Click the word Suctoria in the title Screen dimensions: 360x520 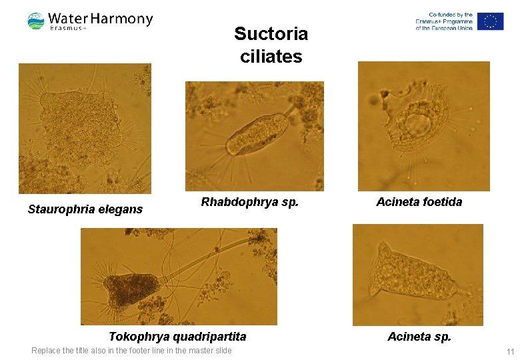(x=271, y=34)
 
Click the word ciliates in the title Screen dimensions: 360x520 (x=271, y=57)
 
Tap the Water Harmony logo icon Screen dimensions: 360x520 (x=36, y=21)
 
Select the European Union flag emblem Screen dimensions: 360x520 (x=490, y=21)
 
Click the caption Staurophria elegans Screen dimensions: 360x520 (x=85, y=209)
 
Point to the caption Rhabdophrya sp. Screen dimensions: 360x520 (x=249, y=201)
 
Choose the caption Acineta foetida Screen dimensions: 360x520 (x=419, y=201)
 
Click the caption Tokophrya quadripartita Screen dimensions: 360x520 (x=177, y=336)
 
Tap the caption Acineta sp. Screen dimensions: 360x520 (x=419, y=336)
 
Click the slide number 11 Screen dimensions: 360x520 (x=510, y=351)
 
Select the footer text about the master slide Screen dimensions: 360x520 (x=132, y=351)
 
